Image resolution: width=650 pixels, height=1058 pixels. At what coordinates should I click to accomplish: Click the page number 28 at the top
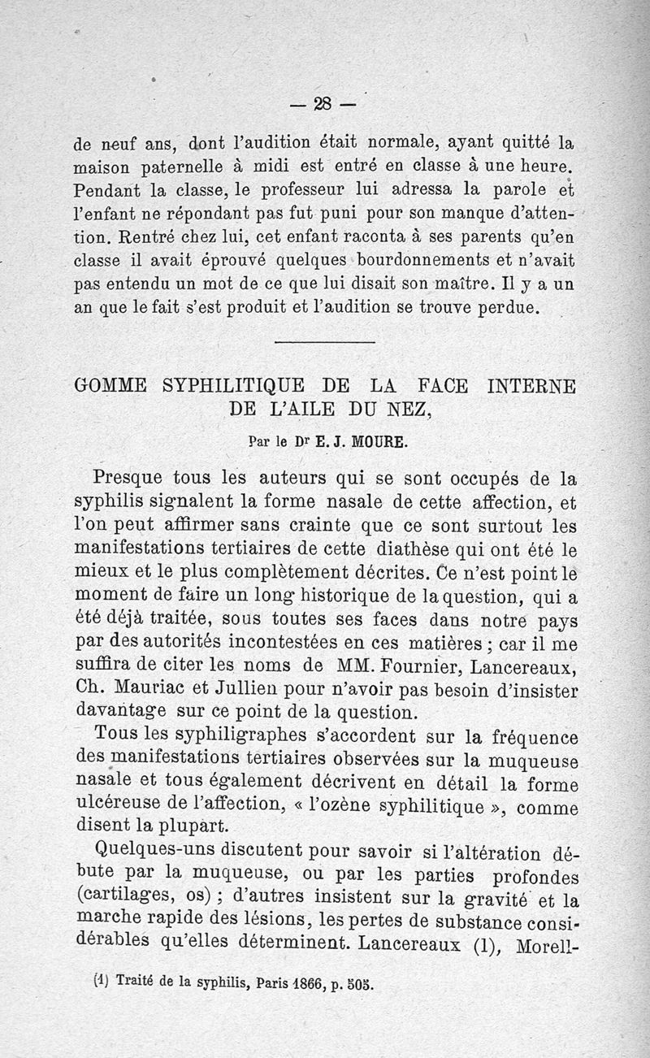(323, 103)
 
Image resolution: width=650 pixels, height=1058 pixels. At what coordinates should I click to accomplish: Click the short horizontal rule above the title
(324, 341)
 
